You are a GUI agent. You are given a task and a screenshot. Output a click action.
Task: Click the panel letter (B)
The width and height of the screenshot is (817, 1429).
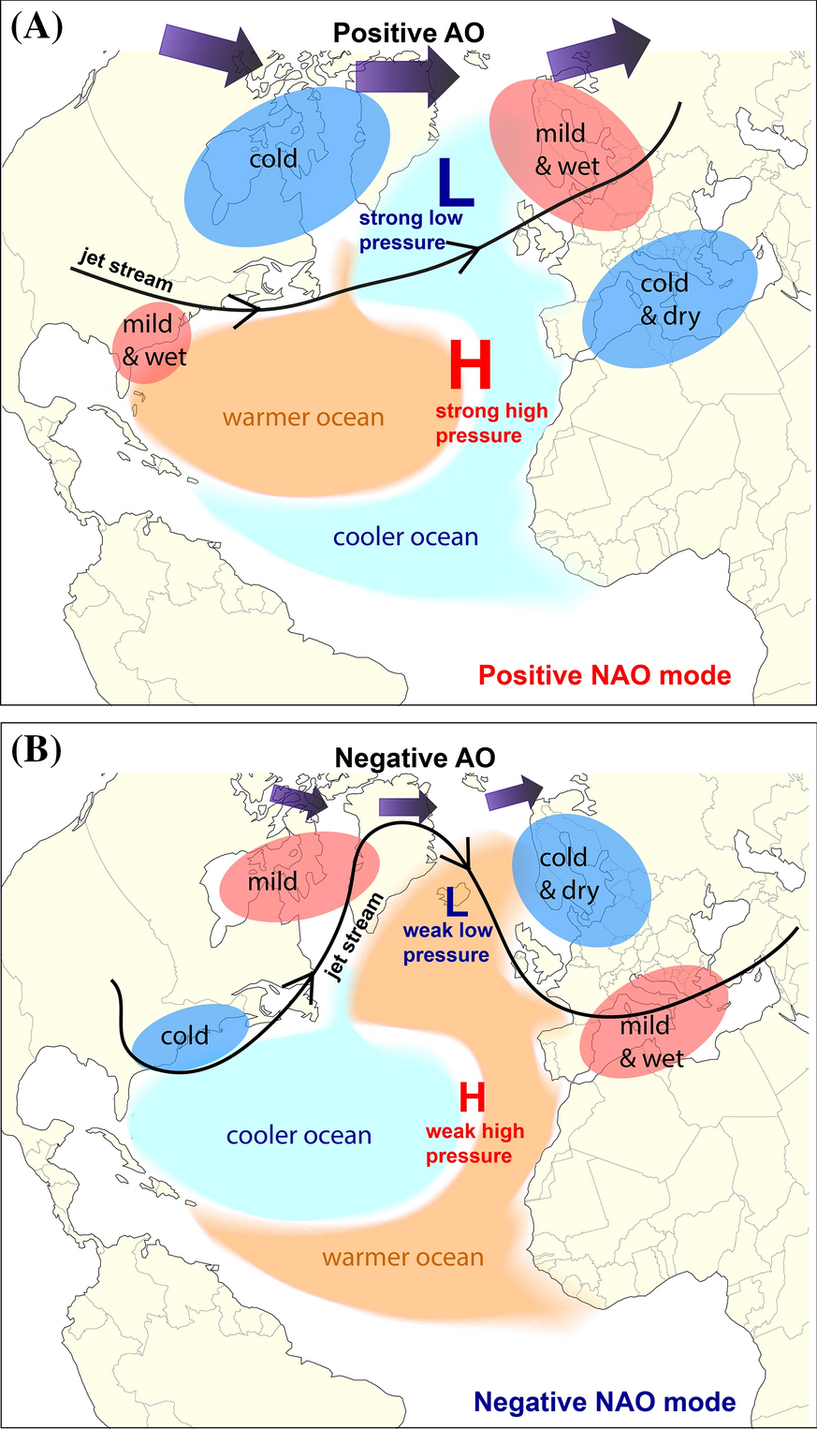36,750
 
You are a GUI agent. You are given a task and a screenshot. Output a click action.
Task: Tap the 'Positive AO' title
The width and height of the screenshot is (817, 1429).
409,33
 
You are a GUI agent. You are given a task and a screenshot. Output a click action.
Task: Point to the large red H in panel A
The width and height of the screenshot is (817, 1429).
471,365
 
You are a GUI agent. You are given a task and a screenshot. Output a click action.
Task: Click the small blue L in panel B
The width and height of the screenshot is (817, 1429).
457,901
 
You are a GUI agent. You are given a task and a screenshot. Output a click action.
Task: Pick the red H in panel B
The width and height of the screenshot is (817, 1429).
473,1097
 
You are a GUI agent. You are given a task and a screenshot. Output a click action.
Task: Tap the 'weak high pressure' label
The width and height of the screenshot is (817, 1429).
474,1143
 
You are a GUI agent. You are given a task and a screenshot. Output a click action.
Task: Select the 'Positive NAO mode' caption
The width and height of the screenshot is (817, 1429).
604,674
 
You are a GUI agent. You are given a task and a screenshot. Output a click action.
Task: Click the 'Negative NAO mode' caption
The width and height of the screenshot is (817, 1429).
604,1401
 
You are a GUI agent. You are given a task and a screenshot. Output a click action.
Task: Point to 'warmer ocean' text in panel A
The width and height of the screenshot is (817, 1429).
303,417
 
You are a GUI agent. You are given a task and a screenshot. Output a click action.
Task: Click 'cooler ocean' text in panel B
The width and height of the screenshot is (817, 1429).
299,1135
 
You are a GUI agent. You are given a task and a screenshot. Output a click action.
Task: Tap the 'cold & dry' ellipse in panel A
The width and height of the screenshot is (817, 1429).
669,297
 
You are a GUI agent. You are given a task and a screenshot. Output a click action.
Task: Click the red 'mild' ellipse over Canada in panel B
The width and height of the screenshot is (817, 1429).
298,878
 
